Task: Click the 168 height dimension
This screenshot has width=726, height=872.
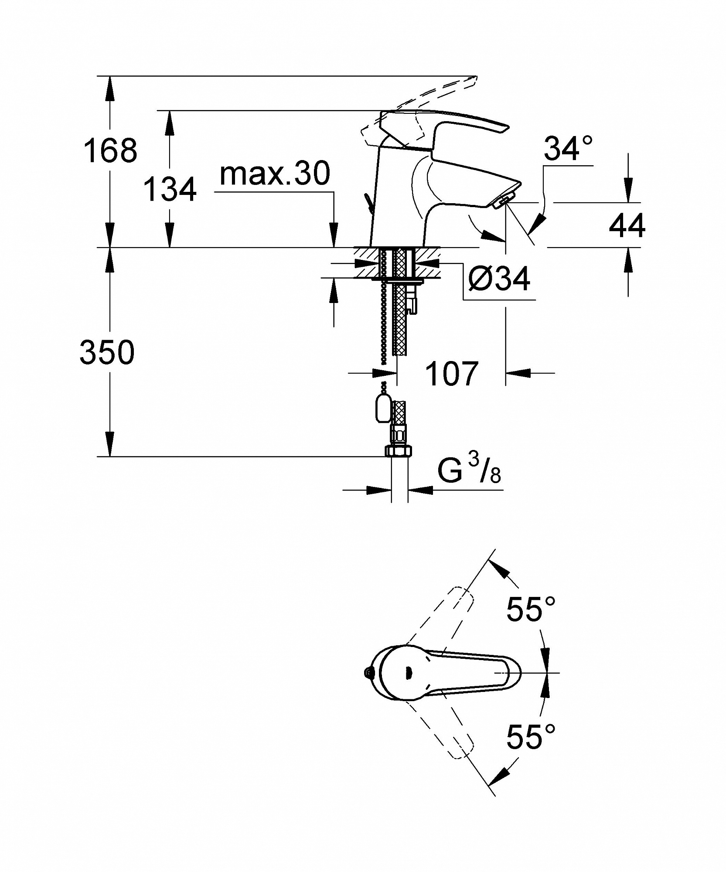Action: click(110, 150)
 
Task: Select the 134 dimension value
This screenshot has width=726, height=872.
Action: click(170, 189)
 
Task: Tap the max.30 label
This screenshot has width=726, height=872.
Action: click(275, 174)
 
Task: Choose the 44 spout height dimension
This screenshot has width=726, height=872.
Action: click(627, 225)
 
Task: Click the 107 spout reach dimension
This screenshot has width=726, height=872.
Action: click(452, 374)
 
